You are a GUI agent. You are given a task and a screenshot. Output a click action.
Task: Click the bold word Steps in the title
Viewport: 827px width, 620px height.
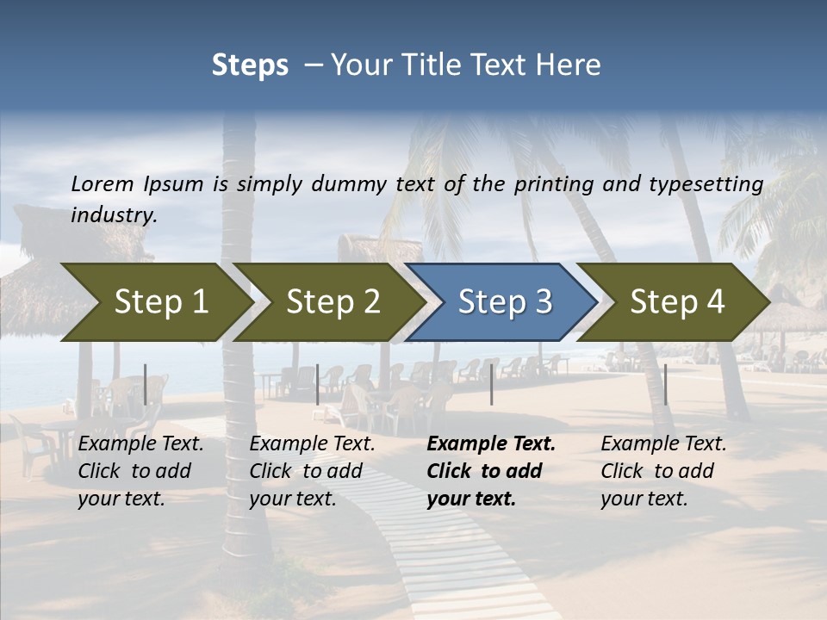click(250, 65)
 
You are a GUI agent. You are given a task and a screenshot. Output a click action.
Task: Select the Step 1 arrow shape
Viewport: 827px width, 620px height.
click(155, 301)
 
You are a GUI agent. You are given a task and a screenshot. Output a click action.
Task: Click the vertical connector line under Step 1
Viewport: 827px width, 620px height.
click(146, 384)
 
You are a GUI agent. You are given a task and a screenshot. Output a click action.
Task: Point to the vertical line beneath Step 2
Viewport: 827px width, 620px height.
click(318, 384)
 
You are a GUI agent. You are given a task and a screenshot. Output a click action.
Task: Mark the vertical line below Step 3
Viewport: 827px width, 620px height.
click(492, 384)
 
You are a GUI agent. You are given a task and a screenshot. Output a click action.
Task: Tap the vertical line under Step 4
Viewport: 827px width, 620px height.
click(666, 384)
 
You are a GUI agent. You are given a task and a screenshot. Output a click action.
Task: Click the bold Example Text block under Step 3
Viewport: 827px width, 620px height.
click(491, 471)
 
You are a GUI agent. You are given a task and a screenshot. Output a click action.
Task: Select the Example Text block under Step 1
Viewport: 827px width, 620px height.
click(140, 471)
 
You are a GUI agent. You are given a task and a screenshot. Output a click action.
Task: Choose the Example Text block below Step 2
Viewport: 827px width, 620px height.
click(312, 471)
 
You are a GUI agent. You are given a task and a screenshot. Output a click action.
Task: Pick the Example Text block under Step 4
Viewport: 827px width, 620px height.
click(663, 471)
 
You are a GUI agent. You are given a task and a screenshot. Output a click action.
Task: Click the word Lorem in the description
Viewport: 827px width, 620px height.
click(102, 183)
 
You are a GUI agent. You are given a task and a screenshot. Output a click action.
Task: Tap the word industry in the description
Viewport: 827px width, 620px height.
click(114, 214)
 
